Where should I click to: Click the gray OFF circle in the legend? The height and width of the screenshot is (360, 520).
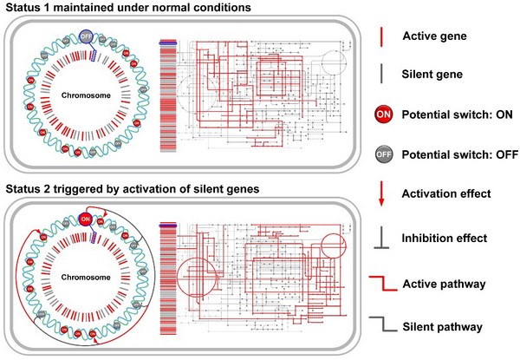(382, 157)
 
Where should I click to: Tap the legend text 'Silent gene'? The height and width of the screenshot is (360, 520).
(439, 76)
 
